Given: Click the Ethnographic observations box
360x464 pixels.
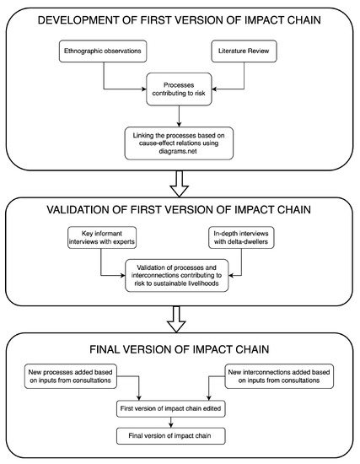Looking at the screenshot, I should coord(103,52).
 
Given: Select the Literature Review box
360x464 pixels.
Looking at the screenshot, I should coord(244,52).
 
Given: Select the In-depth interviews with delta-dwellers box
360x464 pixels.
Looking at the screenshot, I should coord(244,237).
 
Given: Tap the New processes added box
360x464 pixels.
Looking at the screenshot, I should coord(73,374).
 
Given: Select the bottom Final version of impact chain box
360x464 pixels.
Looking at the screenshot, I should coord(176,436).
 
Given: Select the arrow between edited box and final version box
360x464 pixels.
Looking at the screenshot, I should coord(176,424).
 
